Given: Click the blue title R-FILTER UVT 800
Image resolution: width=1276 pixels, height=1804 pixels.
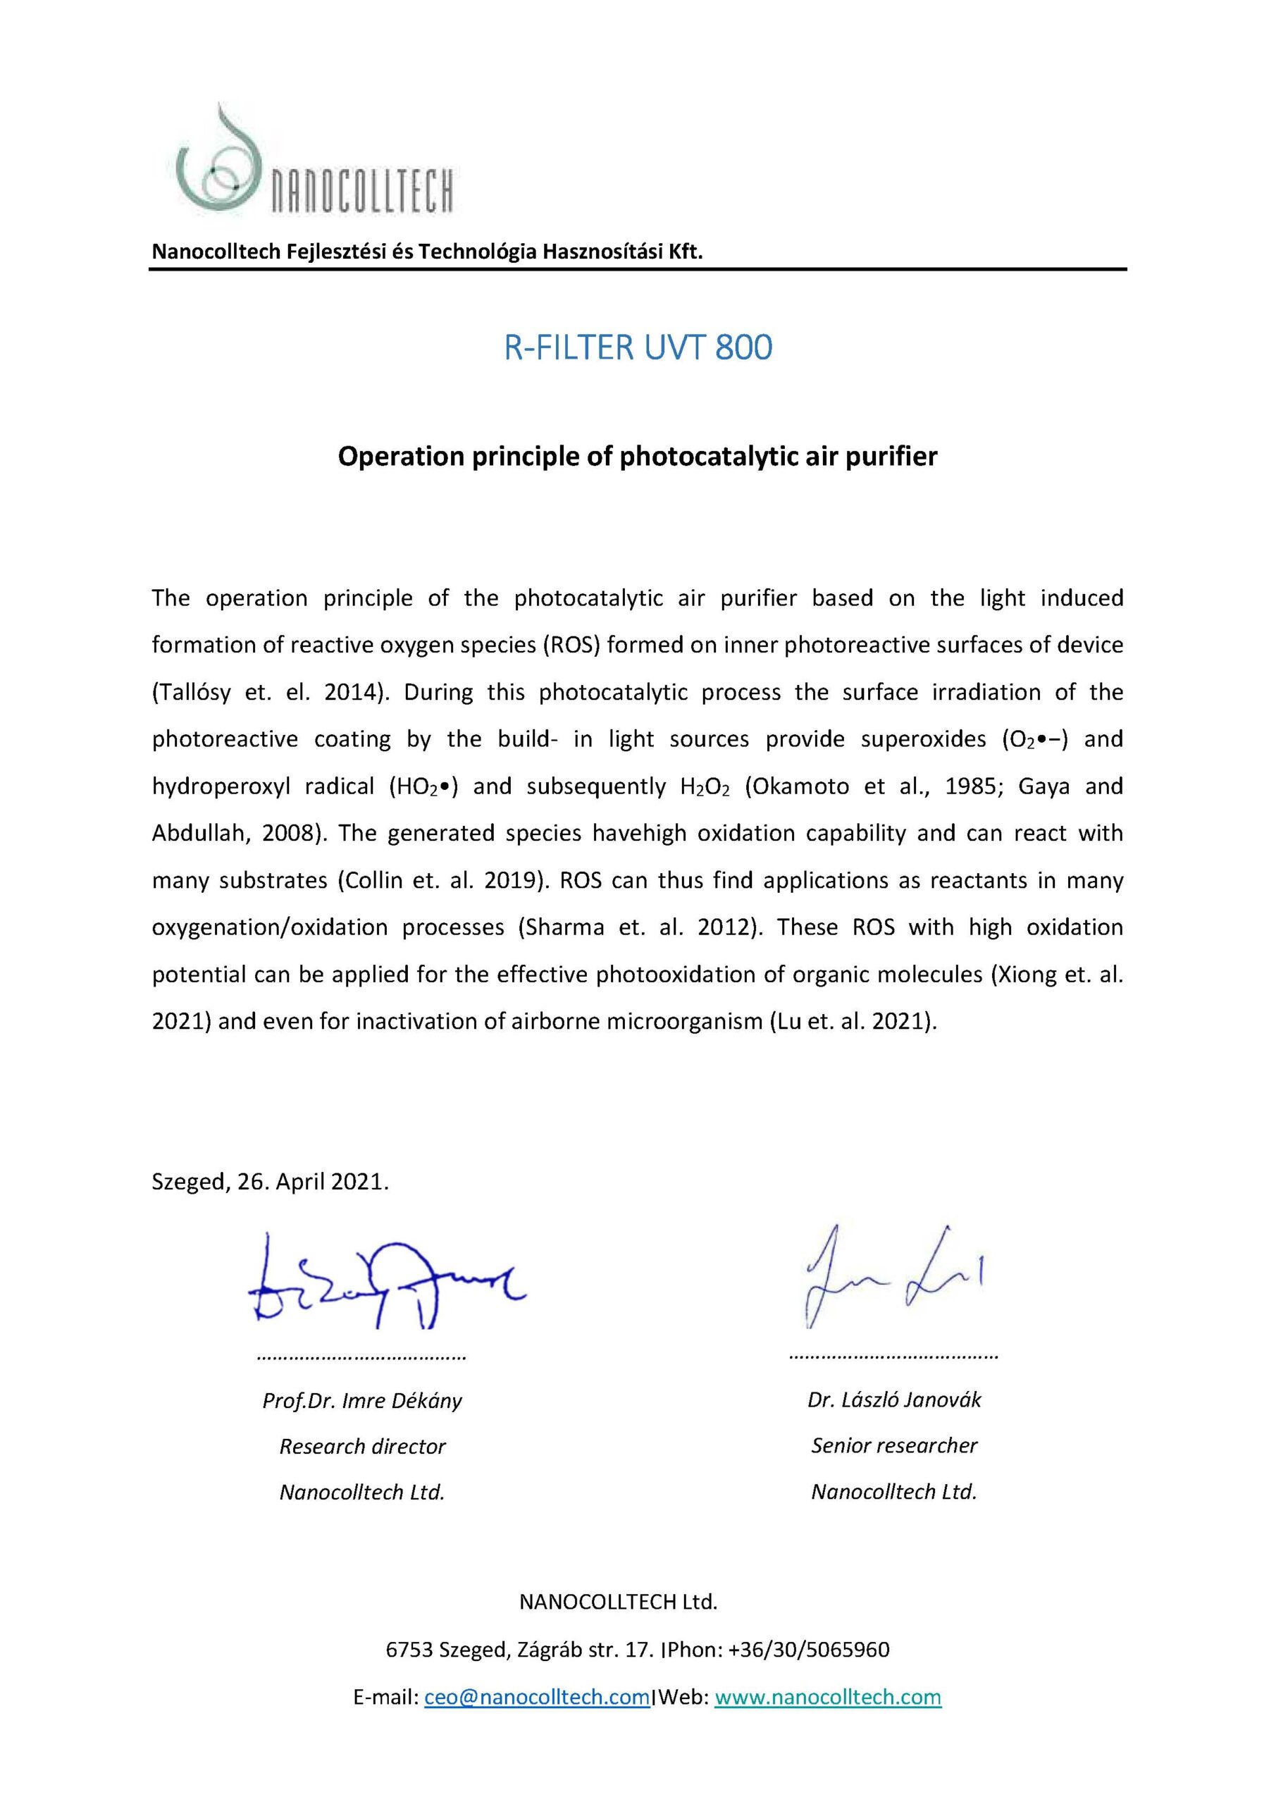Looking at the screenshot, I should tap(638, 347).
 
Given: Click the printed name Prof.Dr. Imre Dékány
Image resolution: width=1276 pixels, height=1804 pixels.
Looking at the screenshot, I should tap(362, 1400).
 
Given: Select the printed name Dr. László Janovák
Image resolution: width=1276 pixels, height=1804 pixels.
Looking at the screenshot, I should tap(894, 1400).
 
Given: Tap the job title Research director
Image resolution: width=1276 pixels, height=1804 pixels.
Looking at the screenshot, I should tap(362, 1446).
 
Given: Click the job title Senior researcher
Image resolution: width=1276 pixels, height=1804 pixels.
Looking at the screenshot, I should tap(894, 1445).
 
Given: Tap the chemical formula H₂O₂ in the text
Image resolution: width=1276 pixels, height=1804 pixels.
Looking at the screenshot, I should tap(705, 786).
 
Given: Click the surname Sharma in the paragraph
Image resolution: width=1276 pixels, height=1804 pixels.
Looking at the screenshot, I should tap(562, 927).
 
